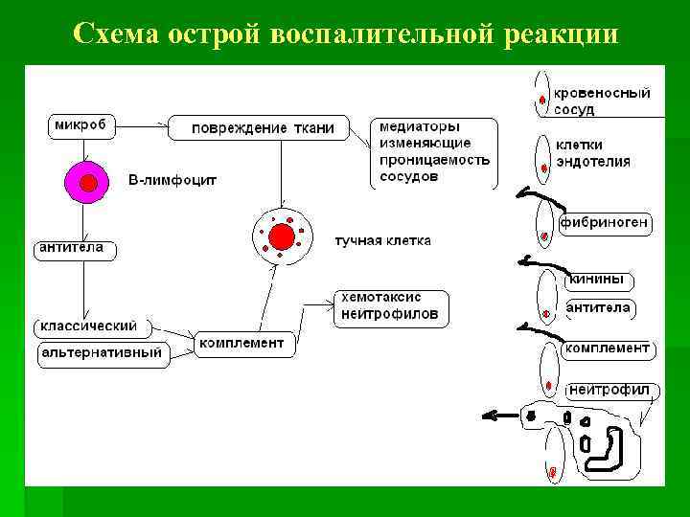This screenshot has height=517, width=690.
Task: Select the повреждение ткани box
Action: pos(258,128)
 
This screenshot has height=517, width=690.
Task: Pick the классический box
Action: pos(87,326)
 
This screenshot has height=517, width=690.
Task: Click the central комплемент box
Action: pos(241,343)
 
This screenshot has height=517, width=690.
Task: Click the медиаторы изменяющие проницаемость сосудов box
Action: pos(434,152)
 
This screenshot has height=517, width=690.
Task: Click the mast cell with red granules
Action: pos(282,235)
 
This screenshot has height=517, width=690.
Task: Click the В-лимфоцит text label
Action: pos(172,179)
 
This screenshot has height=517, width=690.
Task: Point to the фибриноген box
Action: pos(606,224)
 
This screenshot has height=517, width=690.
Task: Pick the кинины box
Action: pos(599,280)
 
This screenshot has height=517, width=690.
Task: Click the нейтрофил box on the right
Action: pos(609,390)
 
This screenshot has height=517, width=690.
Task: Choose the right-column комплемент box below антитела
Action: pos(608,348)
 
